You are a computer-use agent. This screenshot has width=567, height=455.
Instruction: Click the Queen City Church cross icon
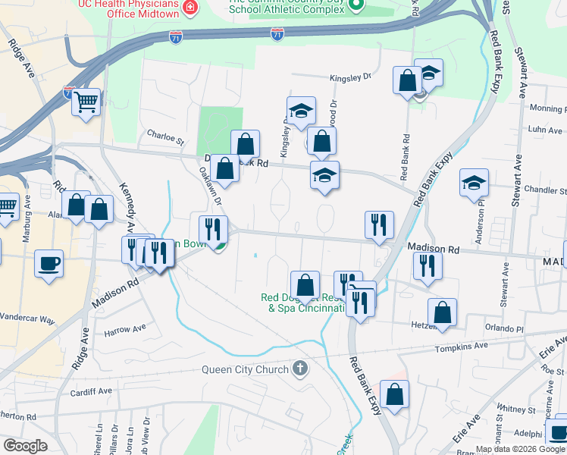300,370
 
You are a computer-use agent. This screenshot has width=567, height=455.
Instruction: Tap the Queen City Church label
245,370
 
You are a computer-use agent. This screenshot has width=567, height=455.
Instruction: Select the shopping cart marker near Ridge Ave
86,102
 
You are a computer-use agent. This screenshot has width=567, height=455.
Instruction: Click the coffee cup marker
49,264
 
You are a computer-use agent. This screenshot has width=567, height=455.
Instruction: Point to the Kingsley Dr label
350,77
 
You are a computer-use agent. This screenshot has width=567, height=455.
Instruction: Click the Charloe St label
165,140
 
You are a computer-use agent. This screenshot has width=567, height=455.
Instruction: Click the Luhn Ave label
546,130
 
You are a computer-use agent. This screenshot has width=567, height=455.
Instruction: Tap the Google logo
25,446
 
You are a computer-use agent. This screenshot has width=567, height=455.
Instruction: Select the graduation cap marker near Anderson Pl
474,183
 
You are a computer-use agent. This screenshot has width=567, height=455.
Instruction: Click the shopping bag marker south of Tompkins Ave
394,394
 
